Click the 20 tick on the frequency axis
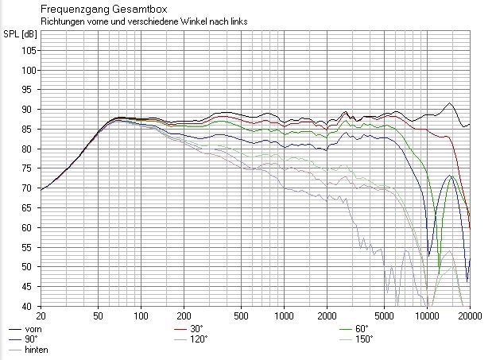[41, 315]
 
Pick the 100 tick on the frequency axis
[141, 315]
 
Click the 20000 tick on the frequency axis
[468, 315]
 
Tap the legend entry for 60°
[362, 328]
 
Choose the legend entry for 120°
[199, 339]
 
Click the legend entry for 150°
[363, 339]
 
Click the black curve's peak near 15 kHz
[450, 103]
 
